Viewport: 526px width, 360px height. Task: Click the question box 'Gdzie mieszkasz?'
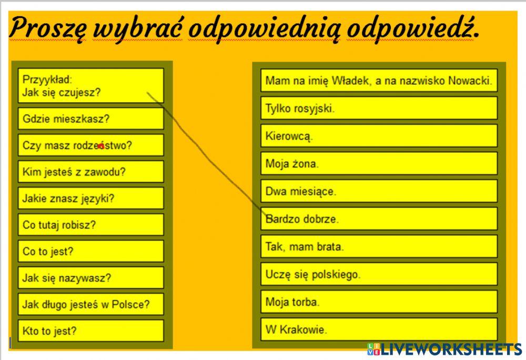pyautogui.click(x=90, y=119)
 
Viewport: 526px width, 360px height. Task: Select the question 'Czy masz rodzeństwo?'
pyautogui.click(x=90, y=145)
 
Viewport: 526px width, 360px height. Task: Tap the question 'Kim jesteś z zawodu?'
pyautogui.click(x=90, y=172)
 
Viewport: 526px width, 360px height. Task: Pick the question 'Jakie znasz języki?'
pyautogui.click(x=90, y=198)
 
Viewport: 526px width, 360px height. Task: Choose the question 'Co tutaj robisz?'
pyautogui.click(x=90, y=225)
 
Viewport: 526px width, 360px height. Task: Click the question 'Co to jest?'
pyautogui.click(x=90, y=251)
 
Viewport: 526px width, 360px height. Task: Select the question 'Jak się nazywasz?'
pyautogui.click(x=90, y=278)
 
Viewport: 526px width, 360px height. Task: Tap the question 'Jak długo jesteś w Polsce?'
pyautogui.click(x=90, y=304)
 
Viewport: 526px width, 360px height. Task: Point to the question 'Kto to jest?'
pyautogui.click(x=90, y=331)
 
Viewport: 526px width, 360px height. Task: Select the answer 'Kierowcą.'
pyautogui.click(x=379, y=136)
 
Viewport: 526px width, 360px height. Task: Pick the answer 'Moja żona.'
pyautogui.click(x=379, y=163)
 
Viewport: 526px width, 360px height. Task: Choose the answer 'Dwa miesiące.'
pyautogui.click(x=379, y=191)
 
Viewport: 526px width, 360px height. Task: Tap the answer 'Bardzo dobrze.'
pyautogui.click(x=379, y=218)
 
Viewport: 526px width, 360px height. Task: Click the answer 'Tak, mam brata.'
pyautogui.click(x=379, y=246)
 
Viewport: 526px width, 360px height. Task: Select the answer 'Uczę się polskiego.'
pyautogui.click(x=379, y=274)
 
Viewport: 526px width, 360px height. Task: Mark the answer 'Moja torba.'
pyautogui.click(x=379, y=302)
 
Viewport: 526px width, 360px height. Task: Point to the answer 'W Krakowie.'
pyautogui.click(x=379, y=330)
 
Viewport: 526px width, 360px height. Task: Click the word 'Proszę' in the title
pyautogui.click(x=47, y=29)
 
